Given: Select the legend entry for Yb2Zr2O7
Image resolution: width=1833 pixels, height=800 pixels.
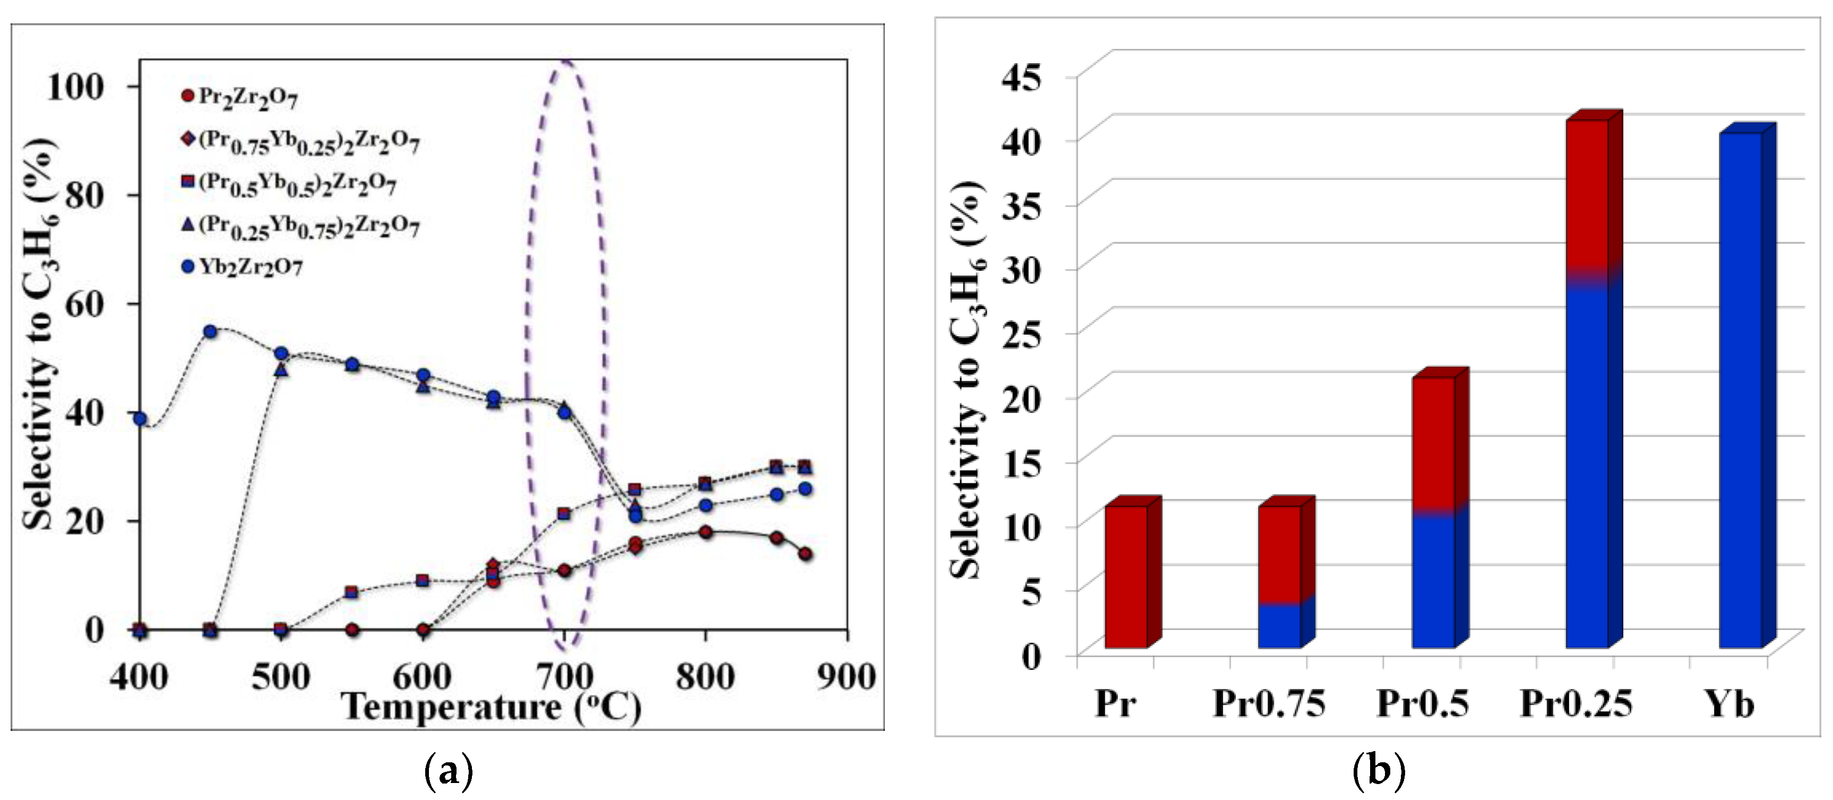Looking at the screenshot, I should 242,268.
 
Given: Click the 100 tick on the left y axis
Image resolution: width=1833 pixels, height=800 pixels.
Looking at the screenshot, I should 75,87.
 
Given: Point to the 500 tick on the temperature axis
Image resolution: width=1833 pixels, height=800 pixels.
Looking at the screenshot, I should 280,677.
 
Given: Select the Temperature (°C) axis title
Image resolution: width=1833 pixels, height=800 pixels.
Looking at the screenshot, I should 491,707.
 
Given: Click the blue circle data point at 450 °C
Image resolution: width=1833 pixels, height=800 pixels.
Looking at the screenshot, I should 210,331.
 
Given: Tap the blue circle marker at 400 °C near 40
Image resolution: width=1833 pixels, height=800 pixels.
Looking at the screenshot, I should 140,419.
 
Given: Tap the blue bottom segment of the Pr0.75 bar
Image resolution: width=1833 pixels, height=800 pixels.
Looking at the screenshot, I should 1279,626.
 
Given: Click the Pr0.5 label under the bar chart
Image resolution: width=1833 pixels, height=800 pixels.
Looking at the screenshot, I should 1422,704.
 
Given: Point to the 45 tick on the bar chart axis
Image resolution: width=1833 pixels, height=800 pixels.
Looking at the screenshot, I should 1022,77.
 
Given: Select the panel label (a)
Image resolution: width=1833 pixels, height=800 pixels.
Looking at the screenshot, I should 448,771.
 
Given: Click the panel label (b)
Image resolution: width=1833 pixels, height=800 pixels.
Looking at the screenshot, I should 1378,771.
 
